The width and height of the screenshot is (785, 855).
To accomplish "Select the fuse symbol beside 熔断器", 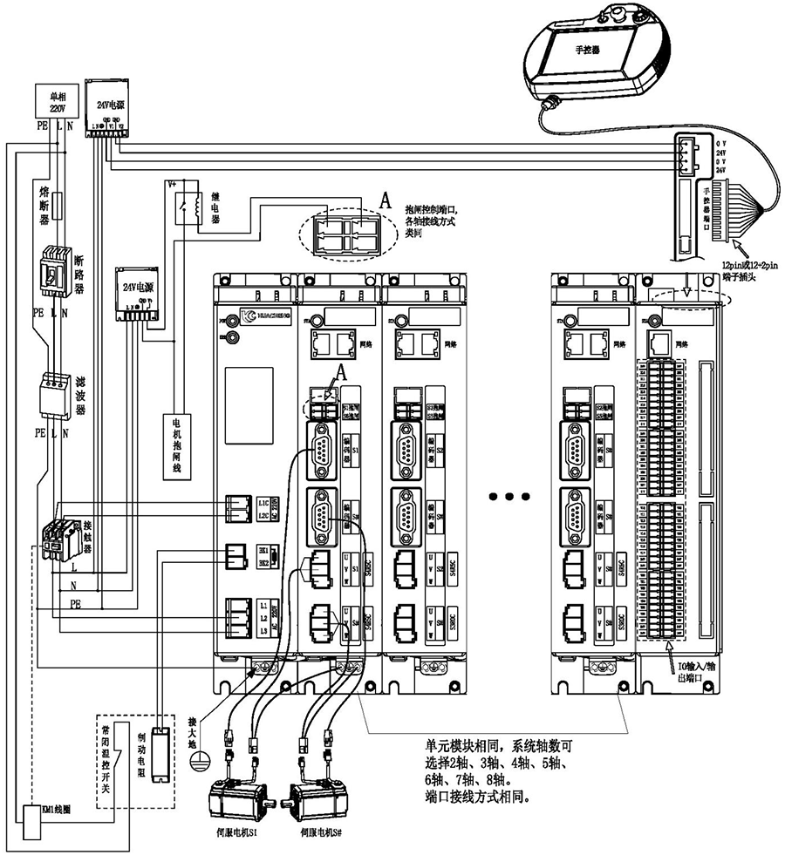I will click(58, 207).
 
